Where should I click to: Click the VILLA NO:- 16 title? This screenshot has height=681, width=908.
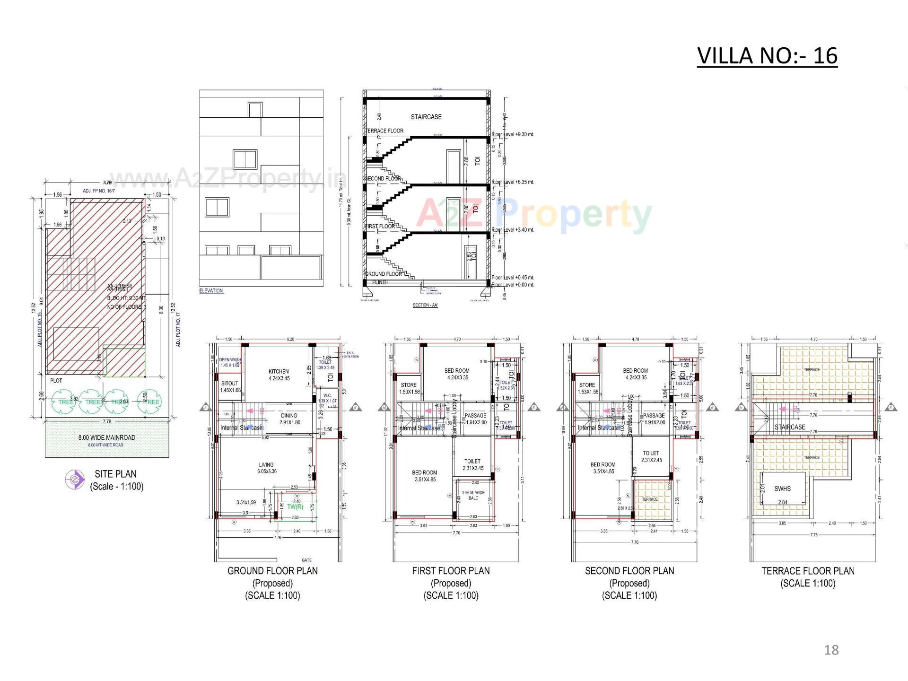click(767, 56)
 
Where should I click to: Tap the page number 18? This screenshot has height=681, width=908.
click(831, 650)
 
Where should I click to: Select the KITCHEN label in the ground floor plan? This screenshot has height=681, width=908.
click(279, 372)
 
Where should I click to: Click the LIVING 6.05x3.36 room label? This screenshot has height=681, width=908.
click(267, 468)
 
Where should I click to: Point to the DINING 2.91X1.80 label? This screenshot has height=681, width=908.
click(289, 419)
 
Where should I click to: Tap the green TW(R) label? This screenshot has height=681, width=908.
click(295, 507)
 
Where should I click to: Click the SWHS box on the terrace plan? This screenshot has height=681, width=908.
click(782, 489)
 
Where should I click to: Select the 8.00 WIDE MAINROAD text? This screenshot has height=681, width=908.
click(106, 437)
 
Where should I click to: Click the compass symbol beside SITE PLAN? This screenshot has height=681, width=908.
click(74, 480)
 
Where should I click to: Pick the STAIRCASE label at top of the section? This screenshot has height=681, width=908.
click(426, 117)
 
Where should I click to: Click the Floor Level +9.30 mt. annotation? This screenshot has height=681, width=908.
click(513, 134)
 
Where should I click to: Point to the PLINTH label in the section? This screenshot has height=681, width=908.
click(380, 282)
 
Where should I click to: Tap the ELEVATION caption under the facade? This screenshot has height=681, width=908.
click(211, 291)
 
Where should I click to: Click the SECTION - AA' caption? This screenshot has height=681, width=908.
click(425, 305)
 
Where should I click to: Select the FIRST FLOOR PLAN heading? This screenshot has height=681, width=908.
click(451, 571)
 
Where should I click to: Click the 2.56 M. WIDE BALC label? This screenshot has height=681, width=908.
click(473, 495)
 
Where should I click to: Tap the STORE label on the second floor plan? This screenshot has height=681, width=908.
click(587, 385)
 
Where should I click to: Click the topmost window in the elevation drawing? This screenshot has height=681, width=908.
click(255, 110)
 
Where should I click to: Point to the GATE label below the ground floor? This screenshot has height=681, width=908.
click(306, 560)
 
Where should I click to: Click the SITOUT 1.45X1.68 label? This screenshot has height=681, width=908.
click(229, 386)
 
